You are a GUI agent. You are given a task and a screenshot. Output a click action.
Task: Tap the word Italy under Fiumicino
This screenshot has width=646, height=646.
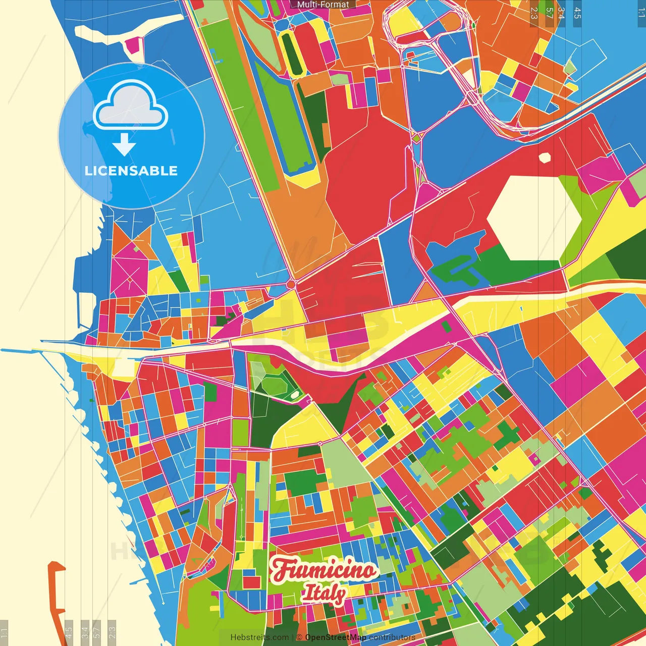[x=324, y=593]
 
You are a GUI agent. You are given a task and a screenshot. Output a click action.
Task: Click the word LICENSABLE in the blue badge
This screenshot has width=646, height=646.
[x=131, y=171]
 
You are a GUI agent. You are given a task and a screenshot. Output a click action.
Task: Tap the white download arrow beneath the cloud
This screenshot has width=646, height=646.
[x=124, y=144]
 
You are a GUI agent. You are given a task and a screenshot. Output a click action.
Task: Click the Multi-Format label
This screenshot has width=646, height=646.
[x=323, y=5]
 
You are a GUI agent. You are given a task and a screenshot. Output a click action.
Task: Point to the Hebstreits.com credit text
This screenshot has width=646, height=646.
[x=259, y=637]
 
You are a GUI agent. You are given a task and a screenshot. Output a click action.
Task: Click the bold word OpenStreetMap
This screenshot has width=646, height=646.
[x=336, y=637]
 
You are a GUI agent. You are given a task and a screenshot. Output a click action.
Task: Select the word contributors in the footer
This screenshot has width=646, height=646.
[x=392, y=637]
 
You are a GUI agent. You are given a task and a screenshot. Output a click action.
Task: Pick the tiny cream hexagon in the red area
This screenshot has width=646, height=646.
[x=545, y=157]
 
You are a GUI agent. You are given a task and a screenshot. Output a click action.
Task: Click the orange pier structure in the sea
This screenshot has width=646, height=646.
[x=56, y=585]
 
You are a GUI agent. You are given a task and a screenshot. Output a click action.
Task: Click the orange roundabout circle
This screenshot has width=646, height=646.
[x=291, y=285]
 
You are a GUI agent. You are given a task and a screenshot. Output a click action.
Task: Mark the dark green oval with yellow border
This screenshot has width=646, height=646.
[x=291, y=53]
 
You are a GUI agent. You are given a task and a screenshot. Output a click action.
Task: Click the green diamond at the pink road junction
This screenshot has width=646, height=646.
[x=416, y=137]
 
